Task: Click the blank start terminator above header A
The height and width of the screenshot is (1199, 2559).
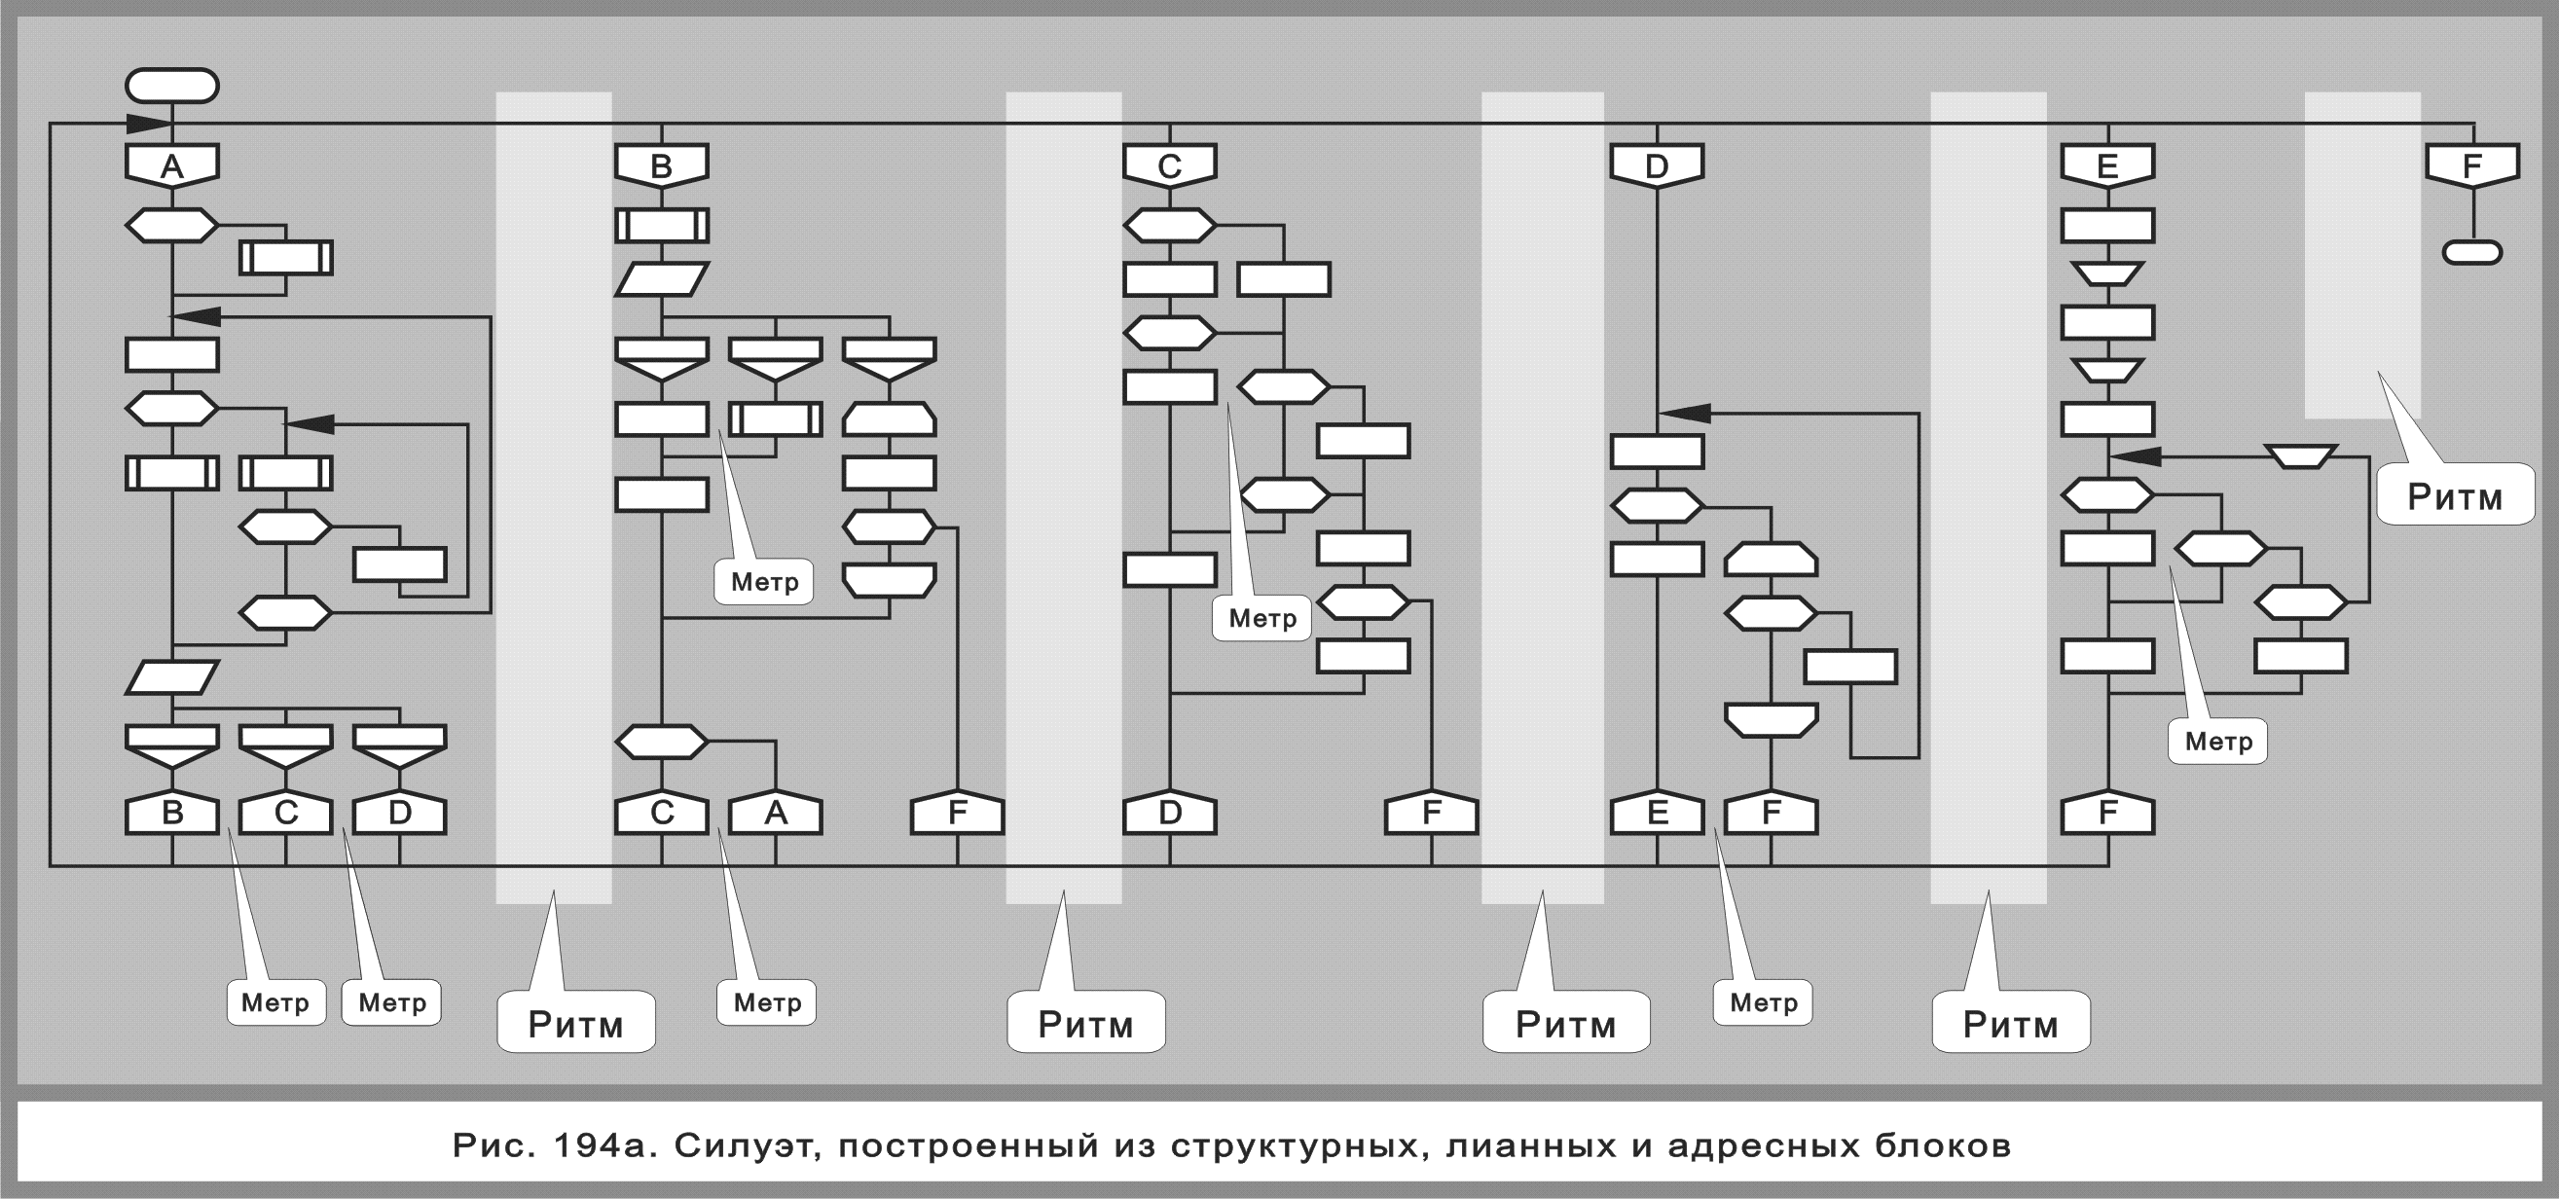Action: (x=172, y=86)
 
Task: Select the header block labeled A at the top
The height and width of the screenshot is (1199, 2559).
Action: (x=172, y=164)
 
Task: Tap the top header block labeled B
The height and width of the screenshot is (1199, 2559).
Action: (x=662, y=164)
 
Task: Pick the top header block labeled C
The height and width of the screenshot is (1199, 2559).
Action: (x=1169, y=164)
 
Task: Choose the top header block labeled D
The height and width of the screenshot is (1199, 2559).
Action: (x=1657, y=164)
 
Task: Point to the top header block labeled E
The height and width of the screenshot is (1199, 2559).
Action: (x=2107, y=164)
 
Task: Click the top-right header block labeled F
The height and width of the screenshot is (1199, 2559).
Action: (x=2472, y=164)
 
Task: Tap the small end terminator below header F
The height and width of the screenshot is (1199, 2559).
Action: (x=2471, y=252)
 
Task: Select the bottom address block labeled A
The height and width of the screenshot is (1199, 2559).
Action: (x=775, y=814)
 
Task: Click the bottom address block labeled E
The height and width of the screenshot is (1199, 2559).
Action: (x=1657, y=814)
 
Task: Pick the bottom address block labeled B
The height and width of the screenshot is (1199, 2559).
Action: (x=172, y=814)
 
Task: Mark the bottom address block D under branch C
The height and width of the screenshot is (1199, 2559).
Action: (x=1169, y=814)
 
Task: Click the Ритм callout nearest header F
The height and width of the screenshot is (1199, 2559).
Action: (x=2455, y=494)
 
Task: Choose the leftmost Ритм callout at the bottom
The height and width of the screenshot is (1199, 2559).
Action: (x=575, y=1023)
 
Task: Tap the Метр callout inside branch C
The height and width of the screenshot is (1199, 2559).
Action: (x=1261, y=618)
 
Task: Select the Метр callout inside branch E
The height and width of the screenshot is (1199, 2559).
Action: (x=2217, y=741)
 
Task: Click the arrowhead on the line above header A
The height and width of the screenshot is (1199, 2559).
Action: (x=149, y=125)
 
